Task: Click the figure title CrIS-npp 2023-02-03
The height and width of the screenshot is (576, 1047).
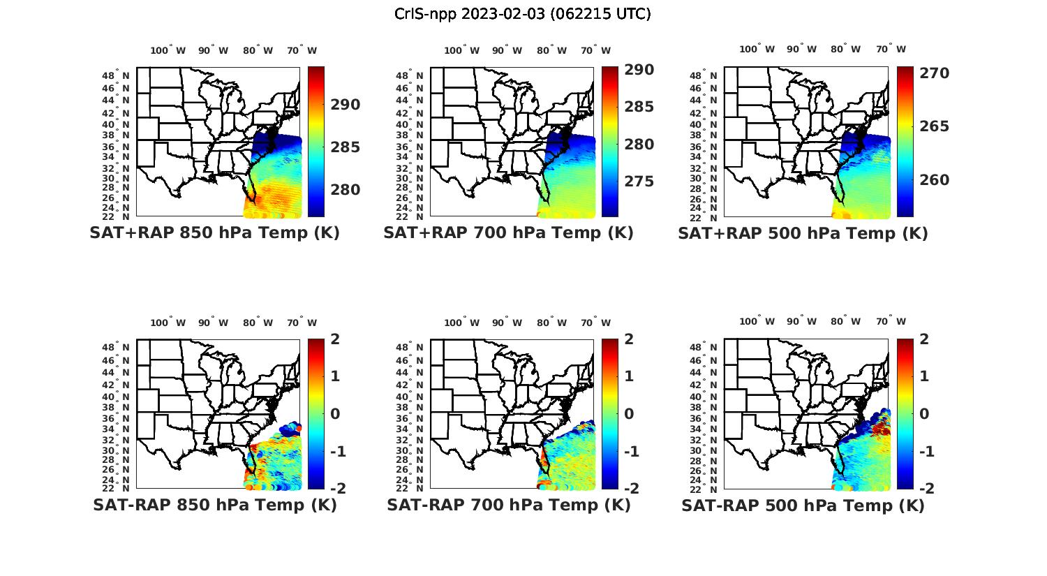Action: pos(522,14)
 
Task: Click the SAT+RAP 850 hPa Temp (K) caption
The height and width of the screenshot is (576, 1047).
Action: pos(214,233)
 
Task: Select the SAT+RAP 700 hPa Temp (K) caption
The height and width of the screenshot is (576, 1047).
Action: pos(508,233)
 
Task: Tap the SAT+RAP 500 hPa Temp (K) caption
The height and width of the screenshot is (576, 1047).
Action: pos(803,233)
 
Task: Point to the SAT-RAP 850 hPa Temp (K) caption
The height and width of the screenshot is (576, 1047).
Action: pos(214,505)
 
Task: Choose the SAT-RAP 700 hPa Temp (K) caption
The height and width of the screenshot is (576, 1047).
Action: pos(508,505)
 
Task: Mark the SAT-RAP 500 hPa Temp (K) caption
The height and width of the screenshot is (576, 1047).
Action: pos(803,505)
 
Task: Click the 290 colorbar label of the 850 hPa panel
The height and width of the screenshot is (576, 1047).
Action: pos(346,105)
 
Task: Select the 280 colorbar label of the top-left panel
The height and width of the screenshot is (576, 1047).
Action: pos(346,190)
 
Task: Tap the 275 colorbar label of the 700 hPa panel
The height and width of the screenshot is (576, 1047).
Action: pos(639,182)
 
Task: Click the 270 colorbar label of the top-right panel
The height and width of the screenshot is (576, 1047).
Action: pos(935,73)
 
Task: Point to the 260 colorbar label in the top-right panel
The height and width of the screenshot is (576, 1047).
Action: pos(935,180)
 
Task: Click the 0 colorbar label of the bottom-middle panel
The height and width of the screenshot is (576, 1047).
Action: pos(629,413)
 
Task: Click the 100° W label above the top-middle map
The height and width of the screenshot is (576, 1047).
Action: pos(461,50)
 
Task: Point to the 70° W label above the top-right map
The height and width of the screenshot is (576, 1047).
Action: pos(891,49)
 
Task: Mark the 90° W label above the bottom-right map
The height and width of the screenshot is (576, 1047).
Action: pos(801,322)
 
